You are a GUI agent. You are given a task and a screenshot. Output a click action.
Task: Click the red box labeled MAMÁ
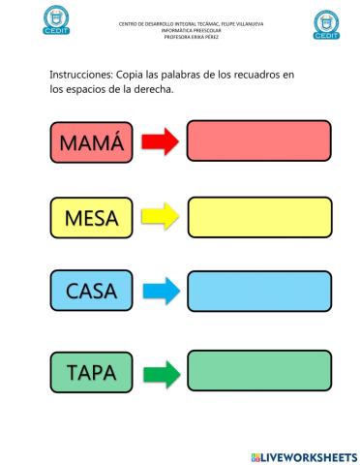coord(92,142)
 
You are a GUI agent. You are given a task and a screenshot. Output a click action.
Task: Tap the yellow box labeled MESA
coord(92,217)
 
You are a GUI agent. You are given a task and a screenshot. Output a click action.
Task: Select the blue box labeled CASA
coord(92,290)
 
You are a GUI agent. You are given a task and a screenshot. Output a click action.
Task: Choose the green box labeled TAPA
coord(92,371)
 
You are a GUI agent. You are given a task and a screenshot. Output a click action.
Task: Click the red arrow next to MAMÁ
coord(160,142)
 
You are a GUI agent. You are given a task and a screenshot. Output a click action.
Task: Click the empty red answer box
coord(258,141)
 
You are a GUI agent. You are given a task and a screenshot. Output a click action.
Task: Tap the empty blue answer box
coord(258,290)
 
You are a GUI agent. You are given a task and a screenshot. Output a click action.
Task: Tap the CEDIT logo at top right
coord(328,24)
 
